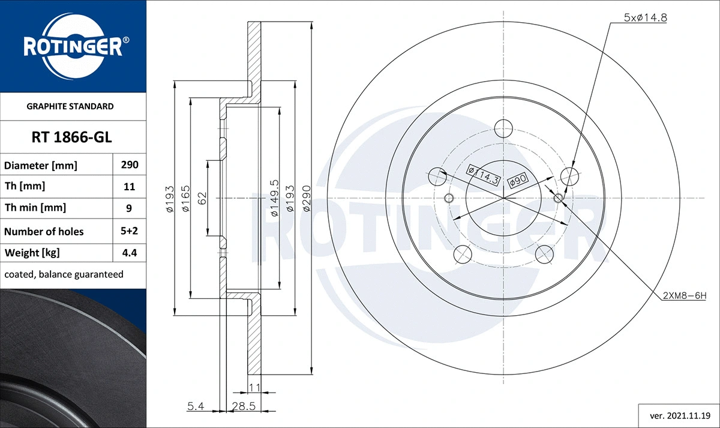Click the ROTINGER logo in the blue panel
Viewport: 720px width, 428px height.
(73, 46)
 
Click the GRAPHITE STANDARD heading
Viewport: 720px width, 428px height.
(70, 106)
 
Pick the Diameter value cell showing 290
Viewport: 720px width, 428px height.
(129, 164)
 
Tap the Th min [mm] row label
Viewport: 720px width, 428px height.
(35, 208)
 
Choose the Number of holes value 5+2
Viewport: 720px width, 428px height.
(129, 231)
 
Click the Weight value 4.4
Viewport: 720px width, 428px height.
(129, 253)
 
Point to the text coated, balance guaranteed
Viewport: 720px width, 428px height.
(64, 274)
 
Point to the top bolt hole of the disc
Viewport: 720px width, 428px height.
(503, 127)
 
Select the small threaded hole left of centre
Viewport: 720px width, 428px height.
(448, 199)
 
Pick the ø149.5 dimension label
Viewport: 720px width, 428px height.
(274, 198)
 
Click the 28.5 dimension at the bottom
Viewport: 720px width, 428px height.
(244, 407)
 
